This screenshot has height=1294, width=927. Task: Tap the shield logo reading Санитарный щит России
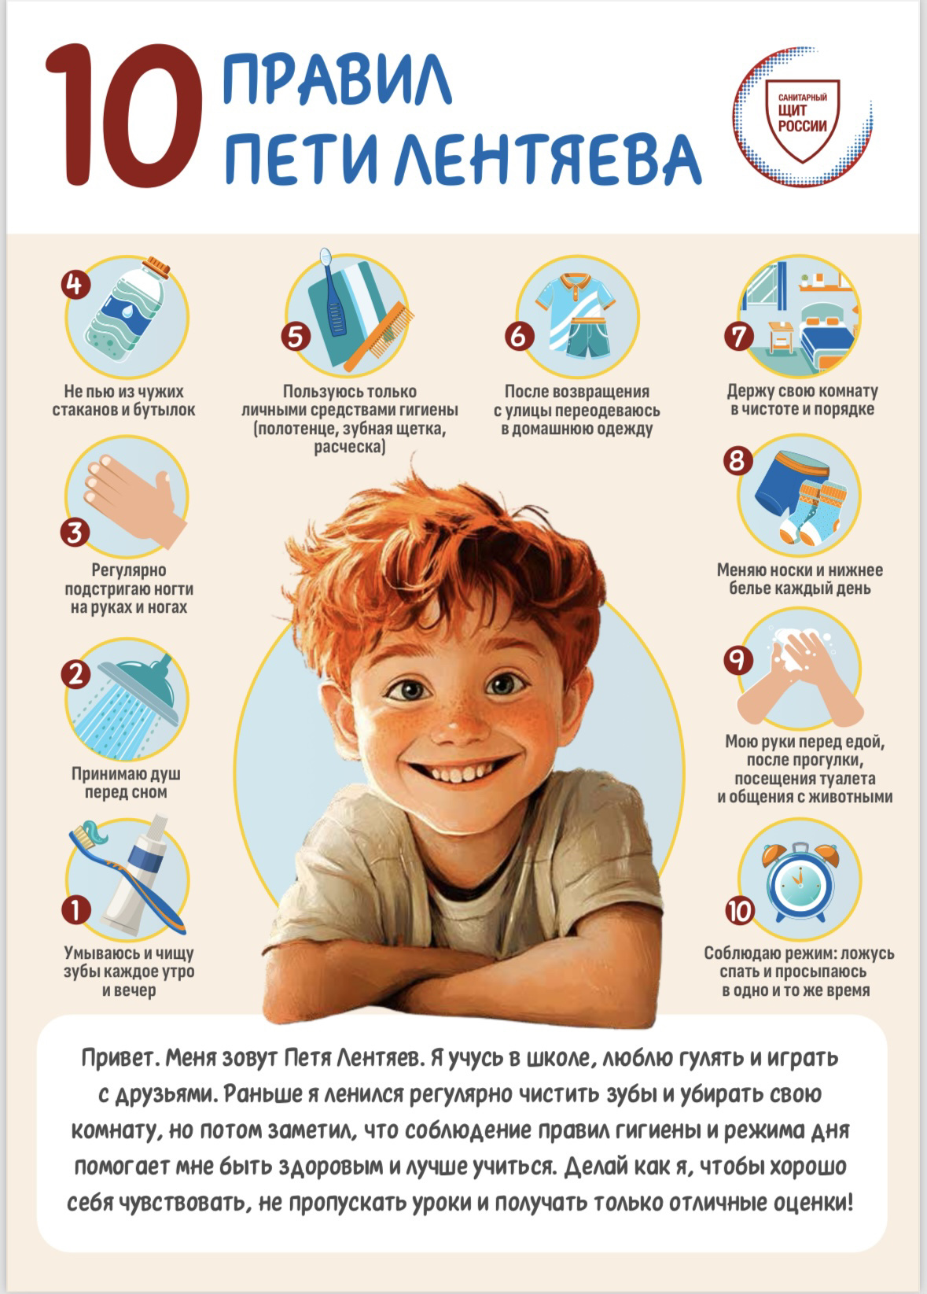tap(802, 120)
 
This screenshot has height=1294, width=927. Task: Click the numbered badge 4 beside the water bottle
tap(75, 284)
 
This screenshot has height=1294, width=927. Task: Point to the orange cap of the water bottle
tap(156, 267)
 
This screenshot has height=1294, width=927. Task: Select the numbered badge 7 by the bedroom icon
tap(739, 336)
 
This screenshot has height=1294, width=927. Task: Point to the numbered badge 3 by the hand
tap(75, 532)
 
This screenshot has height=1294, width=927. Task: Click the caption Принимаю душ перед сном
tap(126, 783)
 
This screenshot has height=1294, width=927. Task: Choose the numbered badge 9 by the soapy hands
tap(738, 660)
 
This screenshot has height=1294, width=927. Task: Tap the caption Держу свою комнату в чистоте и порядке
tap(802, 400)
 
